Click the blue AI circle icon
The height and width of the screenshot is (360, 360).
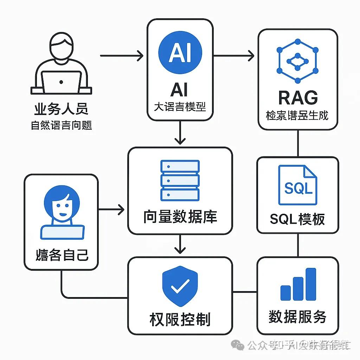(x=180, y=52)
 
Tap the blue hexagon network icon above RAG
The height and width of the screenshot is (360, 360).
(x=297, y=60)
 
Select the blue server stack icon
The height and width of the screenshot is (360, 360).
(x=180, y=180)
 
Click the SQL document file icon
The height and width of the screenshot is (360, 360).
(x=297, y=185)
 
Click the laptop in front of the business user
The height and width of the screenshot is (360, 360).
(x=62, y=82)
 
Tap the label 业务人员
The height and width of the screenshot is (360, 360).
(x=61, y=109)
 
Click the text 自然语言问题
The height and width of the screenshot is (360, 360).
(x=61, y=125)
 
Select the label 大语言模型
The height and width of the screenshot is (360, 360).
(x=180, y=107)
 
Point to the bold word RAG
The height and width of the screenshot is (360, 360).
(x=297, y=98)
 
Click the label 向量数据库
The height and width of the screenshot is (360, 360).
(x=180, y=217)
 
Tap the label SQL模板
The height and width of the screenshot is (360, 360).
(x=297, y=219)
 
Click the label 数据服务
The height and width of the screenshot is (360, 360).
(x=297, y=317)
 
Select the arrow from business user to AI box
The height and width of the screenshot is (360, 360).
(x=122, y=56)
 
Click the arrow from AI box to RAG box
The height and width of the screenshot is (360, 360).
(x=234, y=56)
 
